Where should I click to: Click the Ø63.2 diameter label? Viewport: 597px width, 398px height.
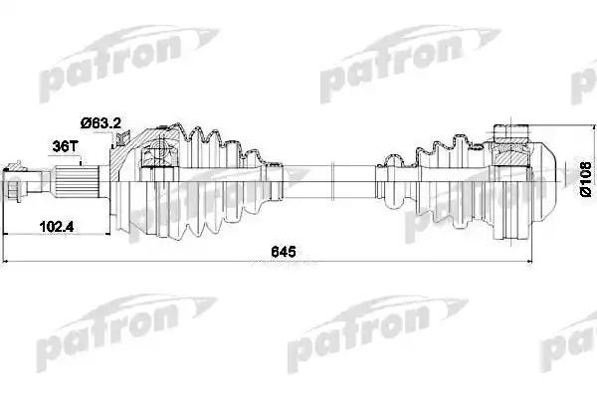point(100,123)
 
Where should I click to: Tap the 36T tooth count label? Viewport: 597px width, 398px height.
point(65,146)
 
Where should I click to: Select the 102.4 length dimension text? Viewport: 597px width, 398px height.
point(57,227)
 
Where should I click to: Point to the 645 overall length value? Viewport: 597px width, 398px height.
point(284,252)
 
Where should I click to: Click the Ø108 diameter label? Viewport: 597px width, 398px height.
point(586,179)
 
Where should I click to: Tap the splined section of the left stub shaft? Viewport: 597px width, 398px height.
point(77,182)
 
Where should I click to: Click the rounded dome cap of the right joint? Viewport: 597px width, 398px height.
point(541,182)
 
